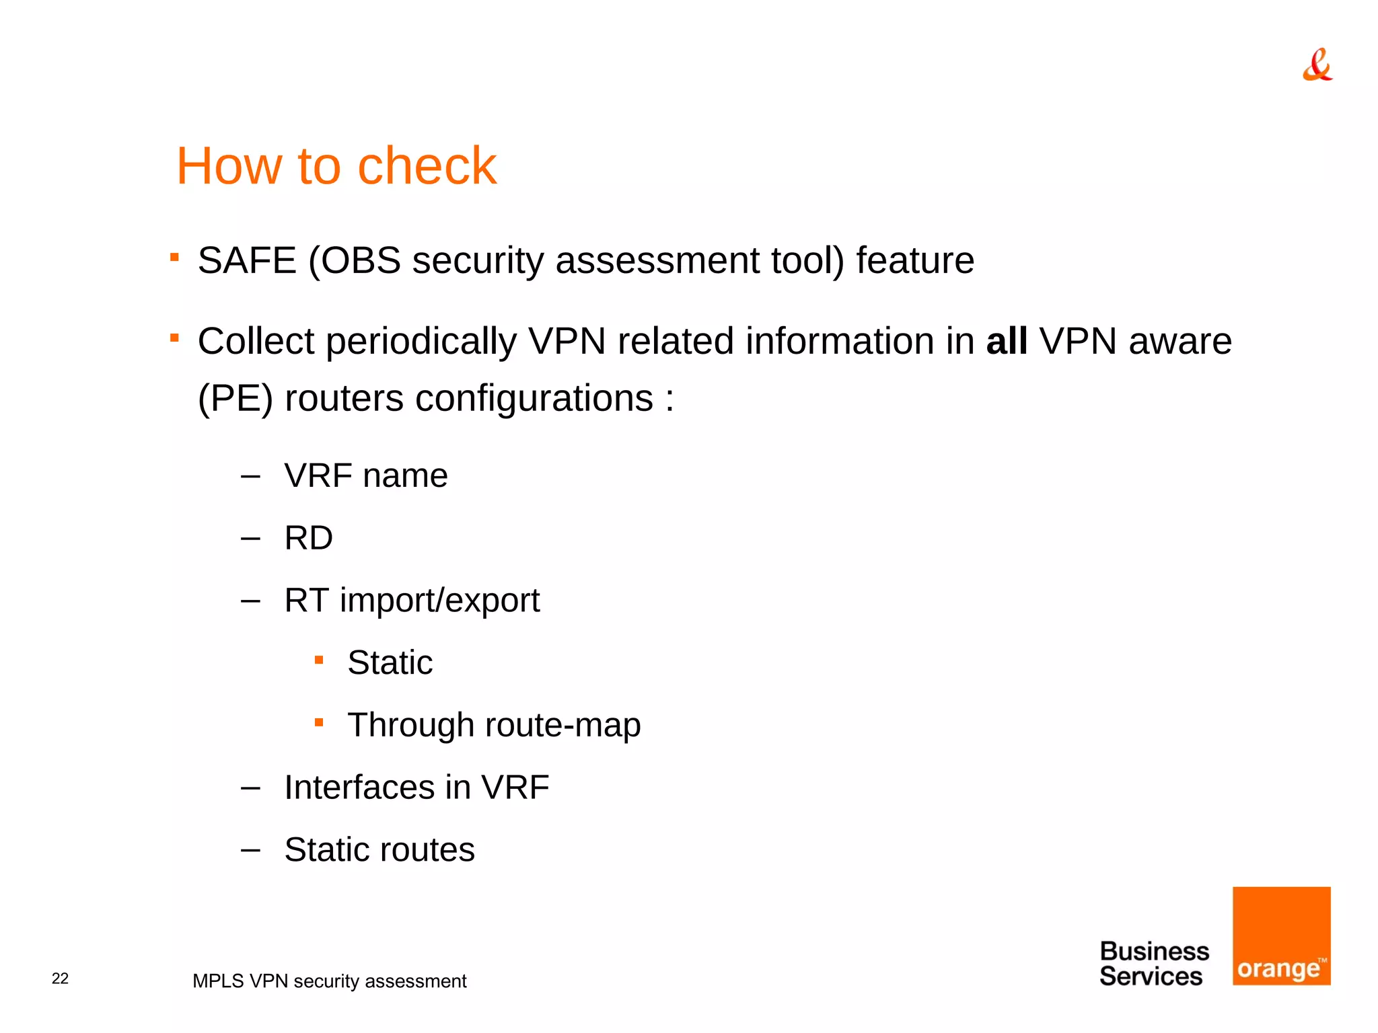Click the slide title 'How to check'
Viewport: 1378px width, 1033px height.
click(336, 165)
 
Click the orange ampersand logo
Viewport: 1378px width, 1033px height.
click(1317, 65)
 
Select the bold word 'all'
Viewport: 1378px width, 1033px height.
click(1007, 341)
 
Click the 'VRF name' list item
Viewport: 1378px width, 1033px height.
click(365, 475)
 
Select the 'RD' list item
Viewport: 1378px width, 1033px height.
click(308, 538)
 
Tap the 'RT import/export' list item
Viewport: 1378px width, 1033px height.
click(412, 601)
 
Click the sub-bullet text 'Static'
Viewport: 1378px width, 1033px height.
click(390, 662)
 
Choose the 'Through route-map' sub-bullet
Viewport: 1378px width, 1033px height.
click(494, 725)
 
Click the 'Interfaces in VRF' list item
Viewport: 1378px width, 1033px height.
click(416, 788)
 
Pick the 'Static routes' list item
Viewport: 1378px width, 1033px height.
click(379, 849)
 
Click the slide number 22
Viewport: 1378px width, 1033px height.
click(60, 979)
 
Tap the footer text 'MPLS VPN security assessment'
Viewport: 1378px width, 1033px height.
click(329, 981)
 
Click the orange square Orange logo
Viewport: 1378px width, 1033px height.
click(1281, 935)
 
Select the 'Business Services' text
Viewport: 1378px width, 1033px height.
click(1153, 964)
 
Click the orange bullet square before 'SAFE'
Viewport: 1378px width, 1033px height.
click(174, 257)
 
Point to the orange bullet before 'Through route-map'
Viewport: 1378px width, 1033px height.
click(319, 723)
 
